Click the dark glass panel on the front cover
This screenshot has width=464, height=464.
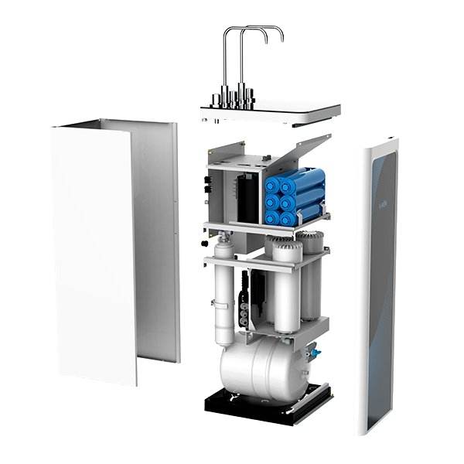click(384, 294)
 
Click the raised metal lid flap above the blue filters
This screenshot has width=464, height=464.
click(303, 152)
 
